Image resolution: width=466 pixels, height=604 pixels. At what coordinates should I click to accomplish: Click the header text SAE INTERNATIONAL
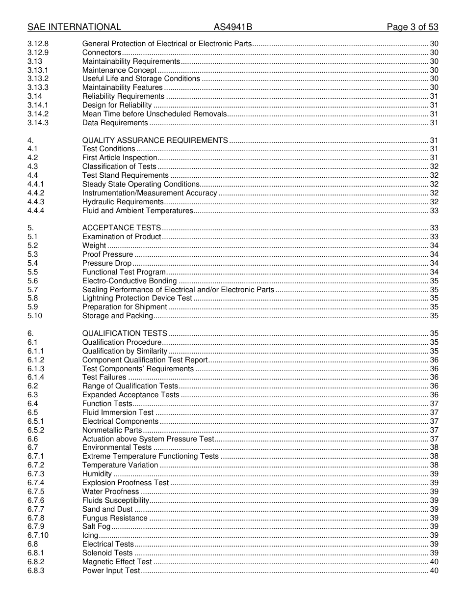click(74, 27)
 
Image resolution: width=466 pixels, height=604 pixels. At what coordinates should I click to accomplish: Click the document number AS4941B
click(233, 27)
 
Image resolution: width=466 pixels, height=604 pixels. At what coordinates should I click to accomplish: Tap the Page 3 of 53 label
click(412, 27)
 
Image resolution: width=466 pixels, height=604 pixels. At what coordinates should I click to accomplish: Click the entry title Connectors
click(102, 53)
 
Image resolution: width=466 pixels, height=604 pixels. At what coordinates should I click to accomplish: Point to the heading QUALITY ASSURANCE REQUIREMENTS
click(155, 140)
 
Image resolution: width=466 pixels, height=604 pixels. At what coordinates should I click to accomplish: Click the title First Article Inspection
click(120, 158)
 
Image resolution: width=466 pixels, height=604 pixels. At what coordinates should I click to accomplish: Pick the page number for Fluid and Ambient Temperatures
click(434, 211)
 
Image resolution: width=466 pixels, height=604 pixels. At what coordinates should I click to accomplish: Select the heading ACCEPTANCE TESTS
click(122, 228)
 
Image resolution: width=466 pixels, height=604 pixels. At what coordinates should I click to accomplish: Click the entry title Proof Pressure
click(107, 254)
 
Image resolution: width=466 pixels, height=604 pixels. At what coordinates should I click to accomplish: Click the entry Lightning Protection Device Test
click(137, 298)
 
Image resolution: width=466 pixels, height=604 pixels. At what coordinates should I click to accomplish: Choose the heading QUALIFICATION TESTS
click(125, 333)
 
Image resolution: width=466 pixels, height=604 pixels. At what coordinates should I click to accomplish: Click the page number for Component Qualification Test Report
click(434, 360)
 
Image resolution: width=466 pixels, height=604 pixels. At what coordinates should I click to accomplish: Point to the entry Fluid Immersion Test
click(118, 412)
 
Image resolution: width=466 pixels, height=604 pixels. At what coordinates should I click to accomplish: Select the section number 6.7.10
click(38, 535)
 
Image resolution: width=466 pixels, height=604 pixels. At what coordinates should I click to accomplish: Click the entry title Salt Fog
click(96, 526)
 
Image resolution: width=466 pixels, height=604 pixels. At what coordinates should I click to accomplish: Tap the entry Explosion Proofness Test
click(126, 483)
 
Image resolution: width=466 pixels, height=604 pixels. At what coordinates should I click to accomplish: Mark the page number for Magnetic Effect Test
click(434, 562)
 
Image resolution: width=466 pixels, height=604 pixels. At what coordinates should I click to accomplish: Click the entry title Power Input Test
click(111, 571)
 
